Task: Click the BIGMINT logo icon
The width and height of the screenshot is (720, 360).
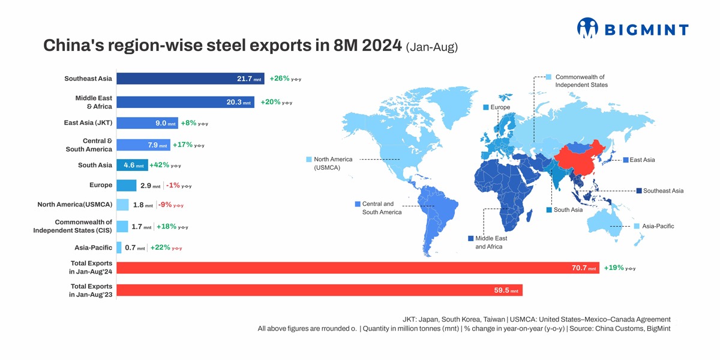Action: [x=587, y=28]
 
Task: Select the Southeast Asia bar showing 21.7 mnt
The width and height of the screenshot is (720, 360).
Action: [x=190, y=79]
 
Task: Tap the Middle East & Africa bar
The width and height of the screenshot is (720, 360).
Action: [x=185, y=102]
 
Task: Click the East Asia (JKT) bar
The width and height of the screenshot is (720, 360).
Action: [x=147, y=123]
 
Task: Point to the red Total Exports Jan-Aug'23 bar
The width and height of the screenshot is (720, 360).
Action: [x=319, y=290]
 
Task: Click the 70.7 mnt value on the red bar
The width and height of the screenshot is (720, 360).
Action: [x=583, y=268]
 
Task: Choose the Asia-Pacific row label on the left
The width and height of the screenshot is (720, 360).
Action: [x=93, y=247]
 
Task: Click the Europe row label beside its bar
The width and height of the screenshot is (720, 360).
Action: [x=101, y=185]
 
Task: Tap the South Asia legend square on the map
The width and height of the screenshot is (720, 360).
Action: [x=549, y=210]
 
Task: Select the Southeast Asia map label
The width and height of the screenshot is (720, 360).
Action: [x=663, y=191]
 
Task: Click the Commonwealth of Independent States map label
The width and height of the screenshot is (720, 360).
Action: [x=581, y=81]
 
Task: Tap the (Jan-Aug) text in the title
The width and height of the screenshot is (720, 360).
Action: [x=431, y=47]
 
